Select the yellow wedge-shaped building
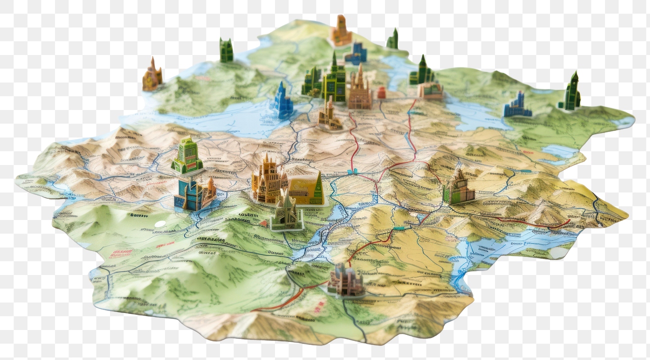point(305,188)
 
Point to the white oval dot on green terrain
point(159,223)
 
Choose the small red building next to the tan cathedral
point(381,92)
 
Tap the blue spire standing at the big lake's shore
point(282,101)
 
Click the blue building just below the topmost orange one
point(356,53)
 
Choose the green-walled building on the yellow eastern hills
point(457,188)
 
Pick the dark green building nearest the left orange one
point(226,50)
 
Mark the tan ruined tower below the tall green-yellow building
point(329,115)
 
